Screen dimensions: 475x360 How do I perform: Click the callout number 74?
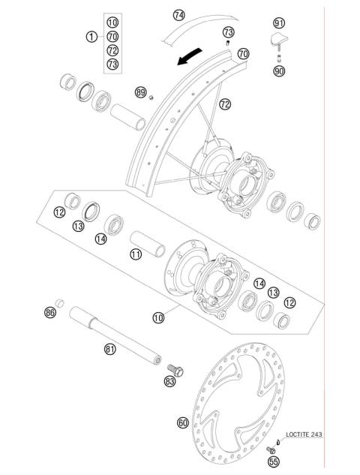click(x=178, y=14)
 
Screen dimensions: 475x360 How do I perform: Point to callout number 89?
click(x=140, y=92)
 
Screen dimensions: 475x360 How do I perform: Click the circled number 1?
click(x=91, y=36)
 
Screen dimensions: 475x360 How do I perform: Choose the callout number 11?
click(x=135, y=254)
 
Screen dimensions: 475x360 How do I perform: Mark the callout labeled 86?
click(x=50, y=312)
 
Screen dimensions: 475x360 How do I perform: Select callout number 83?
click(x=170, y=382)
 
